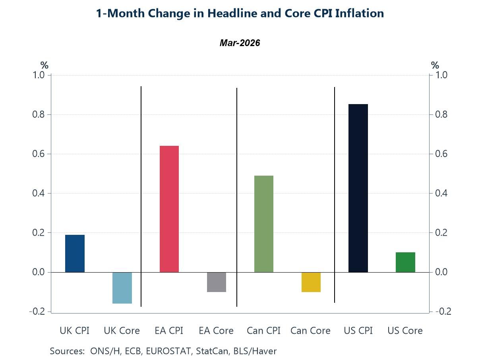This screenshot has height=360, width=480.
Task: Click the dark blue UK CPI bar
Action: pos(75,254)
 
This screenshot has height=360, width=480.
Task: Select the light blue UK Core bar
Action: pos(122,288)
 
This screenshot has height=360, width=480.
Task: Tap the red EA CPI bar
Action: pos(169,209)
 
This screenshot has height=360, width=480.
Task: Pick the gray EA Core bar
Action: pos(217,282)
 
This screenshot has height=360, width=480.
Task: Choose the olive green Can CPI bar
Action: pos(264,224)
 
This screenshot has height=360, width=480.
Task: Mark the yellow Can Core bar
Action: pos(311,282)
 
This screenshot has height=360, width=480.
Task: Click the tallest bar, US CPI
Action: pos(358,188)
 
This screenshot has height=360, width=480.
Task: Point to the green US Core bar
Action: pos(405,262)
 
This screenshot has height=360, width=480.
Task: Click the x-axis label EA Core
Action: pos(216,331)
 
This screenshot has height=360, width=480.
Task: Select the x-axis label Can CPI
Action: pos(263,331)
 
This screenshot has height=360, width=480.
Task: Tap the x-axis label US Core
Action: pos(405,331)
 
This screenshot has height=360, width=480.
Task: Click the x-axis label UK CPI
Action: pos(75,331)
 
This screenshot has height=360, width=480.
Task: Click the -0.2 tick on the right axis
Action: pos(443,312)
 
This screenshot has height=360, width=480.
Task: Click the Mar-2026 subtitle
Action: pos(240,43)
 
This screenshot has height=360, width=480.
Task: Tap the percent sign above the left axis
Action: pos(44,66)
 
